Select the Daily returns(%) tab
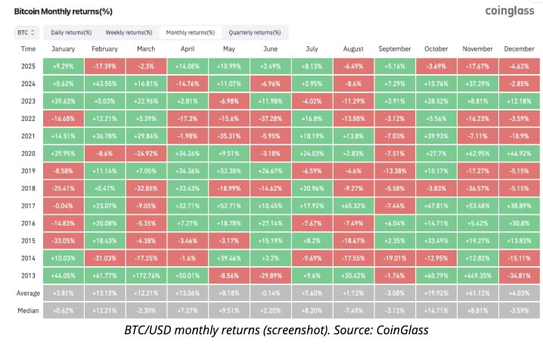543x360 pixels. point(71,33)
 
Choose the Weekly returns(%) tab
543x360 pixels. point(129,33)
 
